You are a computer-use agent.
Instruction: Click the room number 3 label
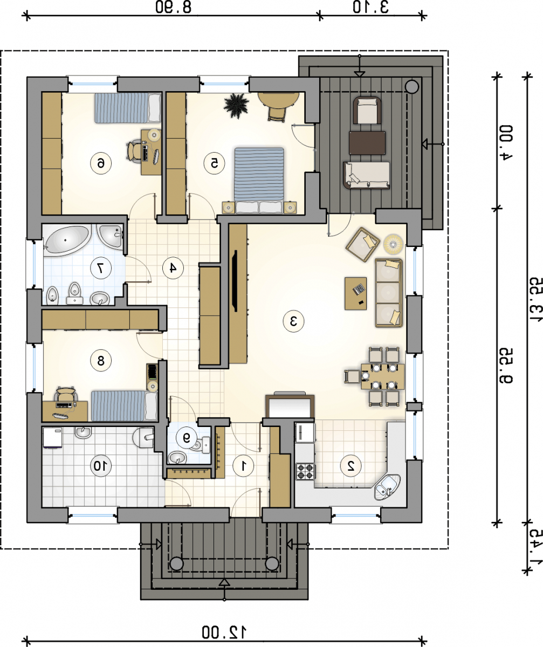[293, 321]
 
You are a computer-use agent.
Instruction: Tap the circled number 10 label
[100, 465]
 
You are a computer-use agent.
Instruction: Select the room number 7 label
[100, 268]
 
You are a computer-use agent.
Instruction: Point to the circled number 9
[186, 437]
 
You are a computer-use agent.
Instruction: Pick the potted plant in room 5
[236, 106]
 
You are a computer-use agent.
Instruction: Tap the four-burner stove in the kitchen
[305, 471]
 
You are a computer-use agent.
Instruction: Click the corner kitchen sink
[387, 486]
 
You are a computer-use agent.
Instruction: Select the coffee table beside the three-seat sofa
[355, 293]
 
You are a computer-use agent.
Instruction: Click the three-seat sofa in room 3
[389, 293]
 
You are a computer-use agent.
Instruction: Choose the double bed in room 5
[259, 180]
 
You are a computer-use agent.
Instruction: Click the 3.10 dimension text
[370, 8]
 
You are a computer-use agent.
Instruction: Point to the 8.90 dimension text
[174, 8]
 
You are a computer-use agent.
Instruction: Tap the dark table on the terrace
[367, 142]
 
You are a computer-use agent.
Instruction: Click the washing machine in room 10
[53, 437]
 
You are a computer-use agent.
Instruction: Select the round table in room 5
[279, 100]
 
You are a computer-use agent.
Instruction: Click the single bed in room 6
[128, 108]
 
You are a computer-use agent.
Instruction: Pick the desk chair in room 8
[66, 394]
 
